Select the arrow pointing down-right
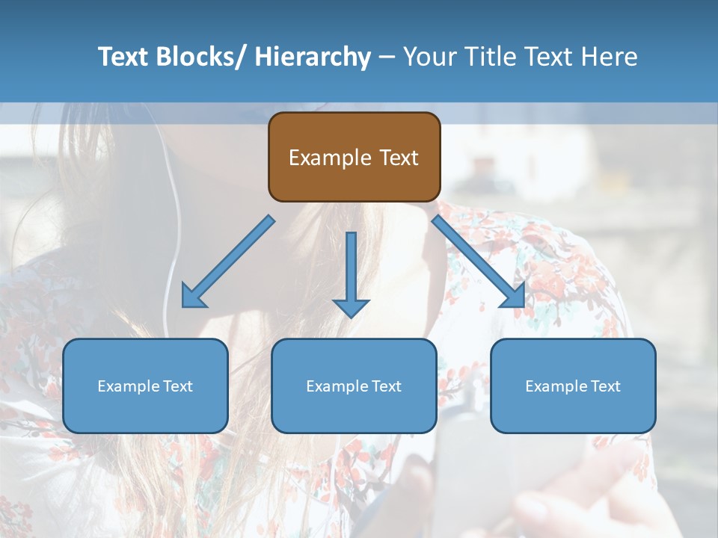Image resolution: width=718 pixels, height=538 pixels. point(479,262)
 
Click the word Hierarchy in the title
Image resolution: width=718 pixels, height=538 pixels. point(312,57)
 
